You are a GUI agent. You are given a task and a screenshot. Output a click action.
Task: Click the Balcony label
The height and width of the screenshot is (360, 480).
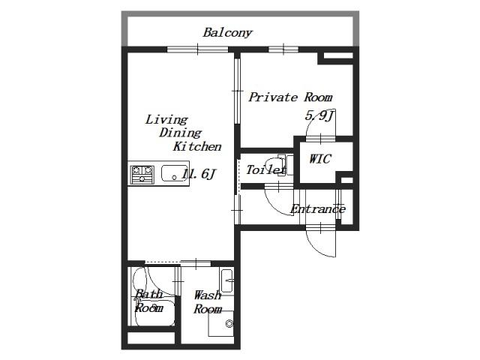pyautogui.click(x=227, y=32)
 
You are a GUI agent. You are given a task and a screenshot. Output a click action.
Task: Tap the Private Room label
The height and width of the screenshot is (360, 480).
pyautogui.click(x=290, y=97)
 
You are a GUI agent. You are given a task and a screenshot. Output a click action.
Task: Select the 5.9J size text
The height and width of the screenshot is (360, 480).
pyautogui.click(x=319, y=115)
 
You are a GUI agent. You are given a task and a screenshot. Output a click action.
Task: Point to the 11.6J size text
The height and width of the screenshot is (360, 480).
pyautogui.click(x=199, y=174)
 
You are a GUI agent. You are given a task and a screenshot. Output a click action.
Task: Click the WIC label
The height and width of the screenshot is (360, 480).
pyautogui.click(x=320, y=159)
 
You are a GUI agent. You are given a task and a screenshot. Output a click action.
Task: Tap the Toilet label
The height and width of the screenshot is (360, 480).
pyautogui.click(x=266, y=170)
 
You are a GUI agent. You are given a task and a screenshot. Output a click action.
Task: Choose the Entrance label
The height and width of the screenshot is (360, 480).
pyautogui.click(x=318, y=209)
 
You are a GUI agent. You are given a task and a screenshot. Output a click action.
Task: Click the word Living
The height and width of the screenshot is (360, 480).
pyautogui.click(x=166, y=119)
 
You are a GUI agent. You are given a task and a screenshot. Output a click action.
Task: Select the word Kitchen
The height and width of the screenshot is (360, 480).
pyautogui.click(x=197, y=146)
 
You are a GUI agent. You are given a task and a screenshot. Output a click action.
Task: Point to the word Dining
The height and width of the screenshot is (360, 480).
pyautogui.click(x=180, y=133)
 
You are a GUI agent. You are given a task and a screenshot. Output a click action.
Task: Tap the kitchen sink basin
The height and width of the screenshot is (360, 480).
pyautogui.click(x=174, y=173)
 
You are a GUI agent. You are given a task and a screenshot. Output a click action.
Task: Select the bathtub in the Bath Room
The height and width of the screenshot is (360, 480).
pyautogui.click(x=154, y=311)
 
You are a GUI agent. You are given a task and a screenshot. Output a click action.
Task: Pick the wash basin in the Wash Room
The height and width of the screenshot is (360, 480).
pyautogui.click(x=226, y=281)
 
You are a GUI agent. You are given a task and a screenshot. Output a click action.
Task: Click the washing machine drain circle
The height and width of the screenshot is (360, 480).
pyautogui.click(x=229, y=323)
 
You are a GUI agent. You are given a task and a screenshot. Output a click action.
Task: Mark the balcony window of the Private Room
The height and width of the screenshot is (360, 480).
pyautogui.click(x=283, y=49)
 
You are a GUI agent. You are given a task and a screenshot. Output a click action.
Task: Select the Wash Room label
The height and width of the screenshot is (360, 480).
pyautogui.click(x=208, y=302)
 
